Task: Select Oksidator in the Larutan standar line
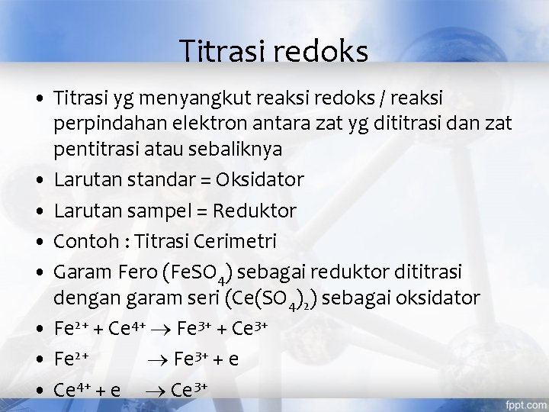click(261, 180)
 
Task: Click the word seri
click(207, 298)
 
